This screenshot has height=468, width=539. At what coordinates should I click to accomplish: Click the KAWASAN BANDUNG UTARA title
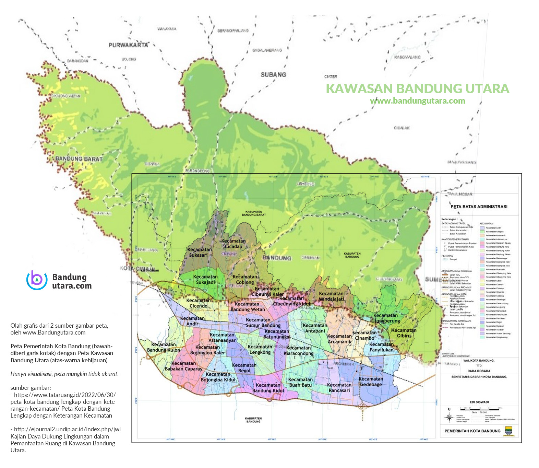click(x=417, y=89)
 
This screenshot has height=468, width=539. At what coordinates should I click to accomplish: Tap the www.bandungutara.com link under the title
click(x=417, y=101)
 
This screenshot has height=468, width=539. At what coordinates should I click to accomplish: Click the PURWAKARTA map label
click(x=128, y=45)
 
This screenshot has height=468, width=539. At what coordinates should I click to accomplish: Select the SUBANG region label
click(x=273, y=74)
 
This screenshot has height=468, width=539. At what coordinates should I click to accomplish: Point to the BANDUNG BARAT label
click(x=79, y=159)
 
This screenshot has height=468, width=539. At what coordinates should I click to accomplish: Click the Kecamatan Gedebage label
click(x=371, y=382)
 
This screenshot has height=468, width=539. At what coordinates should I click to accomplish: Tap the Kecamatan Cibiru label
click(x=404, y=333)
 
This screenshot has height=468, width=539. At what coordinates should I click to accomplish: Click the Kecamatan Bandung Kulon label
click(x=163, y=347)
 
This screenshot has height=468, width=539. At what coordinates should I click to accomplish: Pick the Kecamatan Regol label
click(x=244, y=368)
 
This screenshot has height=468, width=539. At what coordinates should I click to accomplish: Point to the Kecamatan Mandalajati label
click(x=331, y=296)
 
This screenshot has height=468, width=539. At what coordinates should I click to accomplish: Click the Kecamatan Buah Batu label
click(x=300, y=382)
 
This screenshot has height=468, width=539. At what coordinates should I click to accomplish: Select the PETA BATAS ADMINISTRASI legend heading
click(x=479, y=207)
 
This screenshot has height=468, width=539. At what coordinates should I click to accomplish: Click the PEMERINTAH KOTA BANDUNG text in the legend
click(x=472, y=431)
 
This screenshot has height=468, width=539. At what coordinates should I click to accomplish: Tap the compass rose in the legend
click(x=449, y=417)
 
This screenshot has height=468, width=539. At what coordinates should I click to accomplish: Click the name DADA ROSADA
click(x=479, y=371)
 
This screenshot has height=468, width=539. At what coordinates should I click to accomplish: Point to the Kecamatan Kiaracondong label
click(x=298, y=350)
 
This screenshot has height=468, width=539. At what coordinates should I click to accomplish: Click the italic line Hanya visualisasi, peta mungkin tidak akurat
click(x=64, y=374)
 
